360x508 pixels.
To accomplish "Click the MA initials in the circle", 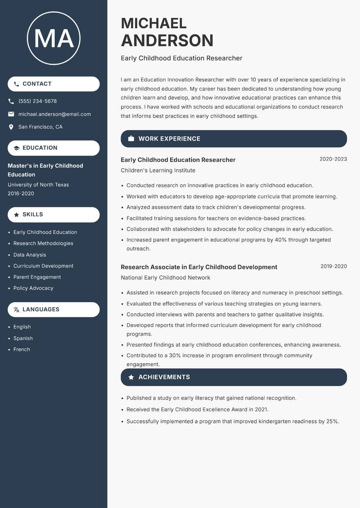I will [x=54, y=39].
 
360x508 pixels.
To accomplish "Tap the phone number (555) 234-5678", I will [x=37, y=101].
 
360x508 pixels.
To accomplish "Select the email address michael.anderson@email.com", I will [x=54, y=114].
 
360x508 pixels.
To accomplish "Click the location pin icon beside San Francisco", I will [x=11, y=127].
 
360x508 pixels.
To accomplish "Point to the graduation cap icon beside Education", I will [x=17, y=148].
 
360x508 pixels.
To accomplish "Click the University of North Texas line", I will [x=38, y=185].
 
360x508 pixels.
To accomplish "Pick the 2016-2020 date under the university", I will [x=21, y=194].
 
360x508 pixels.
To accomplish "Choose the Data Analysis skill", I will [x=30, y=255].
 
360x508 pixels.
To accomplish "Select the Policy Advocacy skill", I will [x=33, y=288].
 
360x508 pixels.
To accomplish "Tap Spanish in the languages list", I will [x=23, y=339].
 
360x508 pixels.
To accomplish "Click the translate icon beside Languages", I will [x=17, y=310].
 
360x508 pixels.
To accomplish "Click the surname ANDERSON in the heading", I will [x=167, y=40].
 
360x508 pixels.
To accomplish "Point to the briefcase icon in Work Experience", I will [x=131, y=139].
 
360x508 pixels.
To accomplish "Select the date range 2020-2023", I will [x=333, y=159].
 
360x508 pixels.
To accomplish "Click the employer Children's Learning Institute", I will [x=158, y=171].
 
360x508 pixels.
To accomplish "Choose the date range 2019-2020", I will [x=333, y=267].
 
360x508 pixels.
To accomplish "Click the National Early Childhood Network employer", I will [x=165, y=278].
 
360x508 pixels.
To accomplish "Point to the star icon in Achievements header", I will [x=131, y=377].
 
